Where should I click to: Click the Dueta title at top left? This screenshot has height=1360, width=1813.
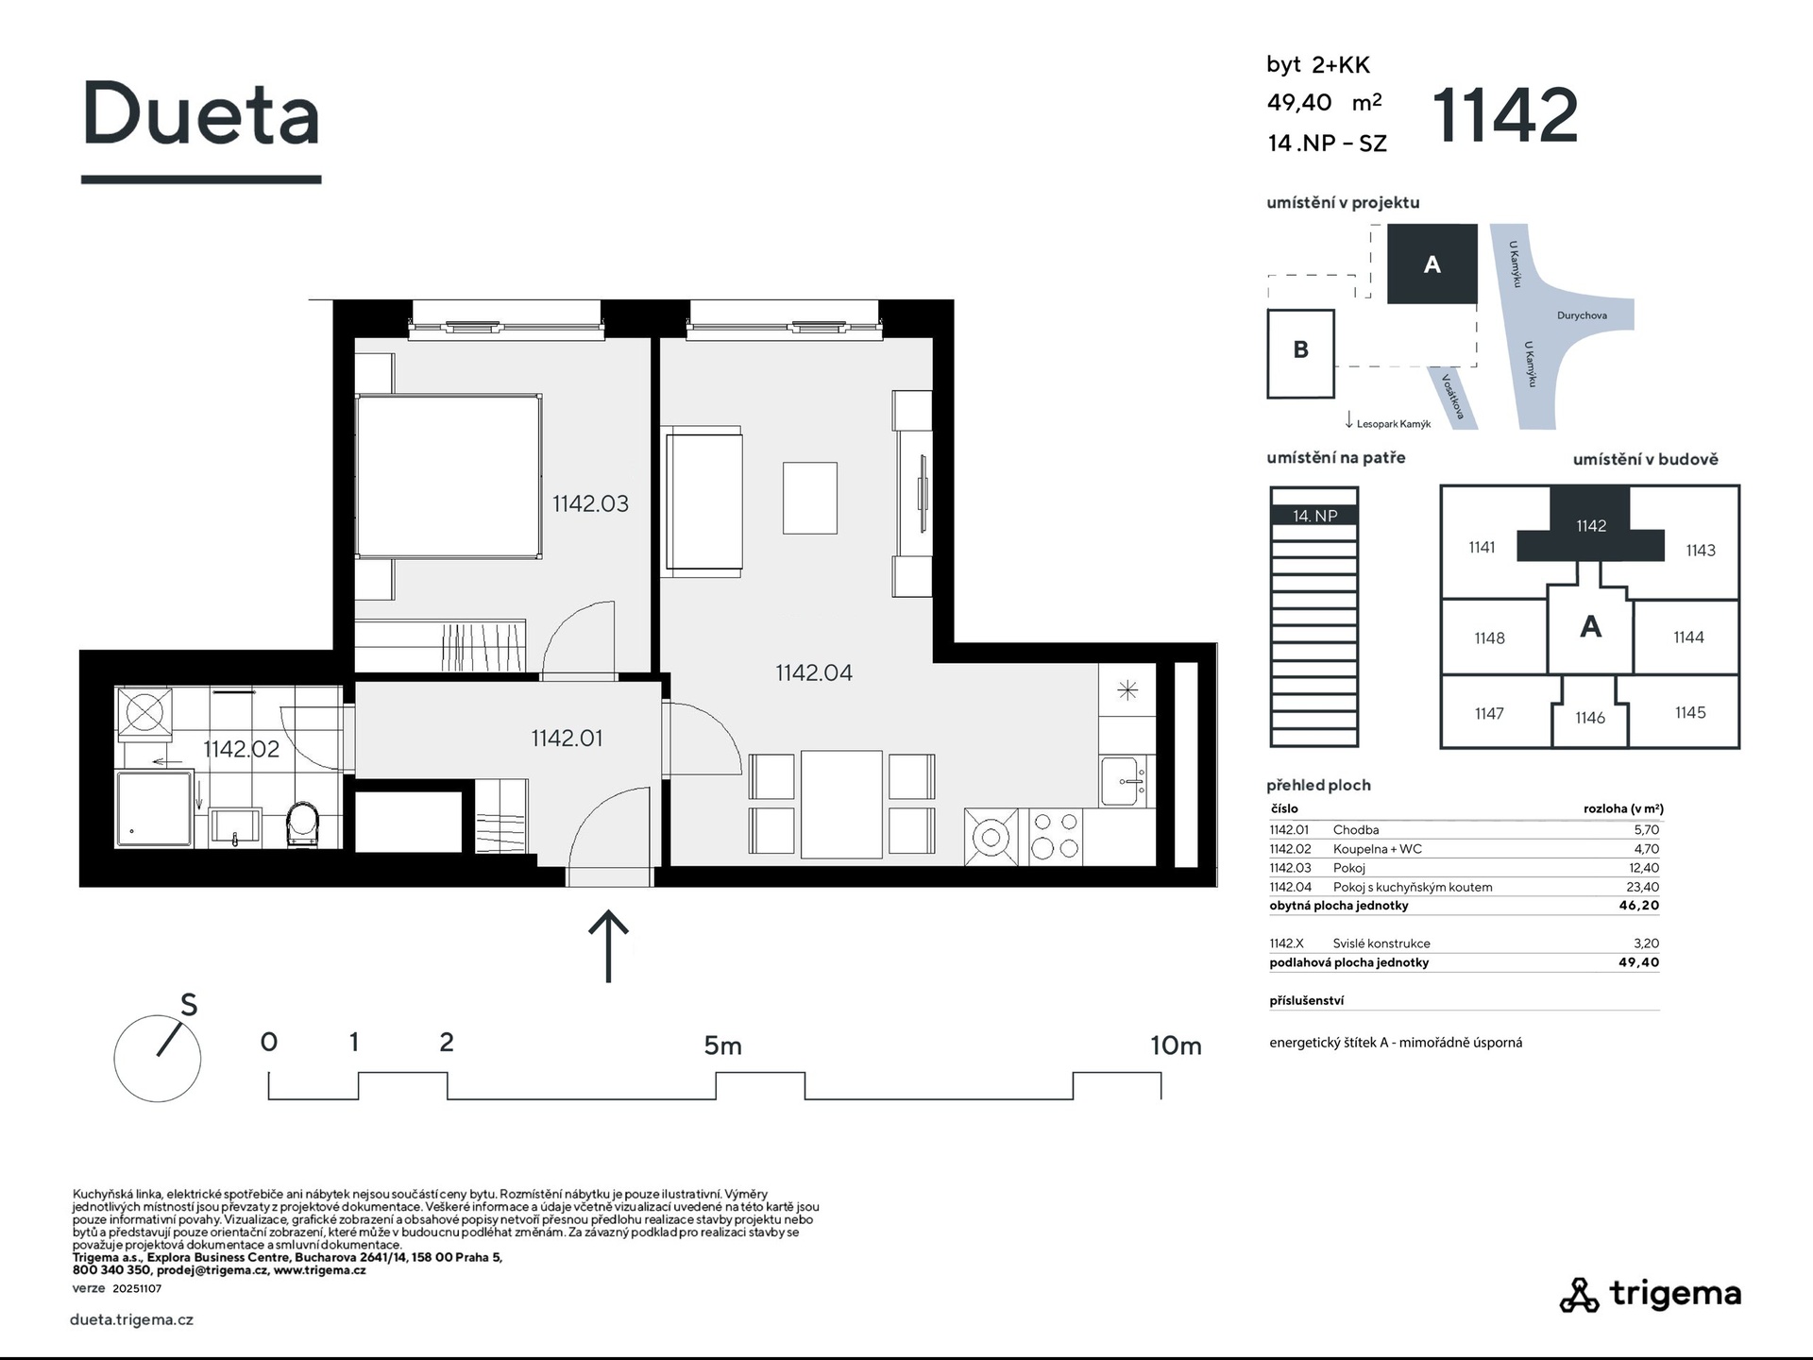[x=201, y=113]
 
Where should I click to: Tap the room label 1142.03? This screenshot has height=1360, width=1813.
[x=590, y=503]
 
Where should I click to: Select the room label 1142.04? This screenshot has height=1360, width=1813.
[x=814, y=672]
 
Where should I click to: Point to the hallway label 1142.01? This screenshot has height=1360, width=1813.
[x=567, y=738]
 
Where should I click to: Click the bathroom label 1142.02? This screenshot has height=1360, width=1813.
[x=242, y=749]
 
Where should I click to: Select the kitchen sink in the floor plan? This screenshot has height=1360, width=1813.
[x=1125, y=781]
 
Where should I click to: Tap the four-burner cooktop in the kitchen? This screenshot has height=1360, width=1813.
[x=1055, y=836]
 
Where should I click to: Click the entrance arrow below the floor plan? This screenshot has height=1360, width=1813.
[x=609, y=946]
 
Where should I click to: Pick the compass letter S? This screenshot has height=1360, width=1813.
[x=189, y=1006]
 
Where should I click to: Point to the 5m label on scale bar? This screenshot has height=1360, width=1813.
[x=722, y=1045]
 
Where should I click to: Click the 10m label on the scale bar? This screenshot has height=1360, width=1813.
[x=1176, y=1045]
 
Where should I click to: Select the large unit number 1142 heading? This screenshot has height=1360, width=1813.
[x=1505, y=115]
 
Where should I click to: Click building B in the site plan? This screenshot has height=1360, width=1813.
[x=1300, y=353]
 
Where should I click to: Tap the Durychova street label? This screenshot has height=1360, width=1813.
[x=1582, y=315]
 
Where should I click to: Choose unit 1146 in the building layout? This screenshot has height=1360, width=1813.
[x=1590, y=718]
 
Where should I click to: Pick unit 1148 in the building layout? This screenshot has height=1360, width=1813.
[x=1490, y=637]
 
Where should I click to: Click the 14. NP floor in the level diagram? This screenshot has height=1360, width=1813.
[x=1314, y=516]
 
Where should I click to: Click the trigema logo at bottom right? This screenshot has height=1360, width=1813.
[x=1650, y=1295]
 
